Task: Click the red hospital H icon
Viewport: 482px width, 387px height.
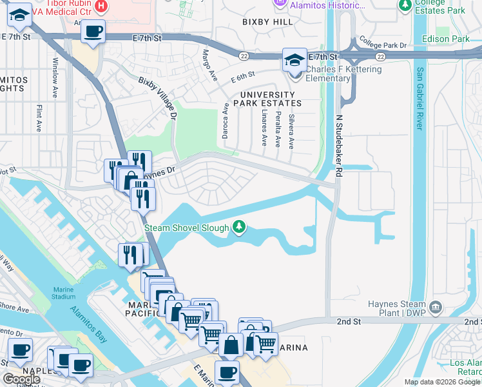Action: (x=101, y=6)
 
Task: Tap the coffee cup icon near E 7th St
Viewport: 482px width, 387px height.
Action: (x=93, y=32)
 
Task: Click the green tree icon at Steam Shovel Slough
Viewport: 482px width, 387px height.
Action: (x=239, y=227)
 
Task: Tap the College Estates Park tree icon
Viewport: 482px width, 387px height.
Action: (x=405, y=6)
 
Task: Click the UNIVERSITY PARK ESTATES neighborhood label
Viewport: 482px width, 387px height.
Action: (x=267, y=98)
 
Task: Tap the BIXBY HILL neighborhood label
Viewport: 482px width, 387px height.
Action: (x=267, y=21)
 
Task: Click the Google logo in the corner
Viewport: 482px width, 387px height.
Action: (x=22, y=379)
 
